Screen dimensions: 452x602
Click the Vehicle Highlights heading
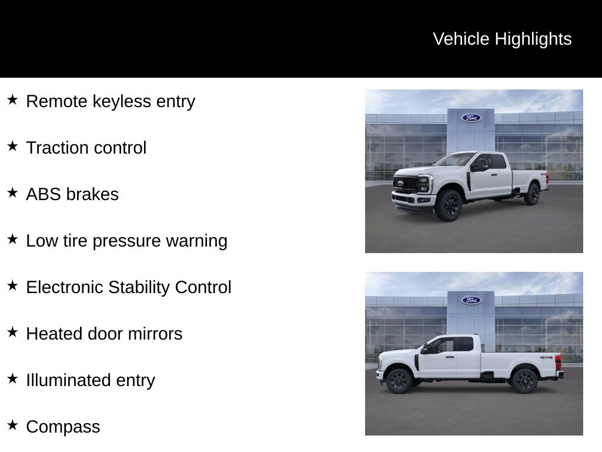502,39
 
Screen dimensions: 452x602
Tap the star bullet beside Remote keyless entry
12,100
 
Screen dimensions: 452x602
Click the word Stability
130,288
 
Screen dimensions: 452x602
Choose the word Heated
54,334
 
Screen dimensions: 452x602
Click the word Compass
63,427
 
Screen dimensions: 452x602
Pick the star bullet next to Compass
12,425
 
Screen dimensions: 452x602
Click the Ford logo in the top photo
471,118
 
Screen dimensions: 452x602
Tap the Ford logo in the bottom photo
471,300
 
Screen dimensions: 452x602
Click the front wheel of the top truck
449,205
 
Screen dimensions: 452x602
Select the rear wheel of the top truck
532,194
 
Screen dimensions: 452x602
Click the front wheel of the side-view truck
399,380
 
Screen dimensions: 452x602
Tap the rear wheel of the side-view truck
524,380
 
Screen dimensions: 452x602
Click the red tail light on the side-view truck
558,362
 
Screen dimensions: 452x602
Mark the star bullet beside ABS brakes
12,192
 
